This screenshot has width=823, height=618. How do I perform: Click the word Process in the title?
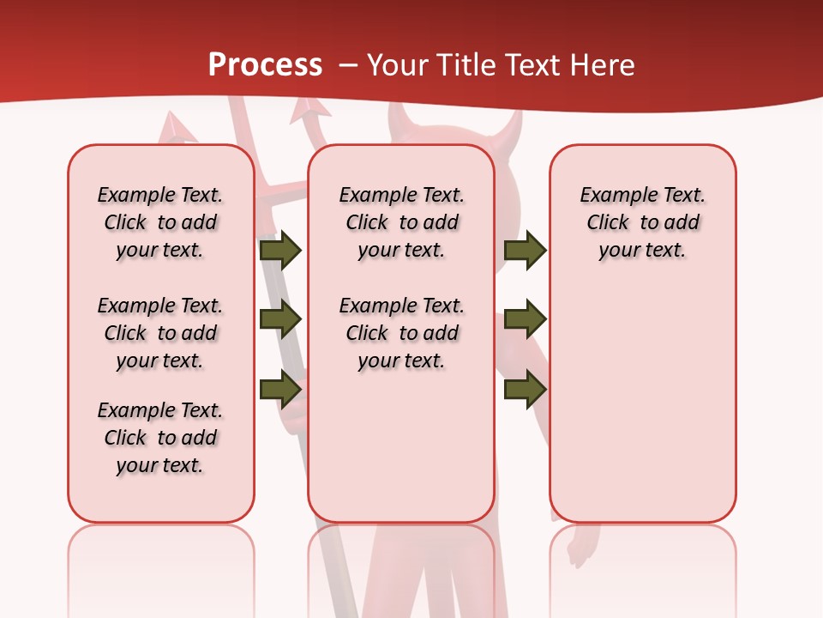coord(265,64)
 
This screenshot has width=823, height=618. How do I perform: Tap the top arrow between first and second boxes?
coord(280,250)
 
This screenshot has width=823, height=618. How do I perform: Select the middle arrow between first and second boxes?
coord(280,320)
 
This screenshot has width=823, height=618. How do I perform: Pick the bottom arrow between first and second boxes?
coord(280,388)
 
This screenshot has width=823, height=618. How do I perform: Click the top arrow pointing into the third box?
coord(526,250)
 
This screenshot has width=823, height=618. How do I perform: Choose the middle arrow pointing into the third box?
coord(526,319)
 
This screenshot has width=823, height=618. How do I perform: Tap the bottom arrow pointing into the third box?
coord(526,388)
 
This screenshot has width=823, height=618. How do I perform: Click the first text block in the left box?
coord(160,222)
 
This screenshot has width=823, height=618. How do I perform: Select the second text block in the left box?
coord(160,333)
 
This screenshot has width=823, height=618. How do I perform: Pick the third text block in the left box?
coord(160,438)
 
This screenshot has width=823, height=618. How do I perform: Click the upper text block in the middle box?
coord(402,222)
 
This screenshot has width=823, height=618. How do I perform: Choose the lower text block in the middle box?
coord(402,333)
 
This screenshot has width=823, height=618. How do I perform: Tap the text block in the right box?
coord(643,222)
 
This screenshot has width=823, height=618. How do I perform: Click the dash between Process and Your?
coord(346,65)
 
